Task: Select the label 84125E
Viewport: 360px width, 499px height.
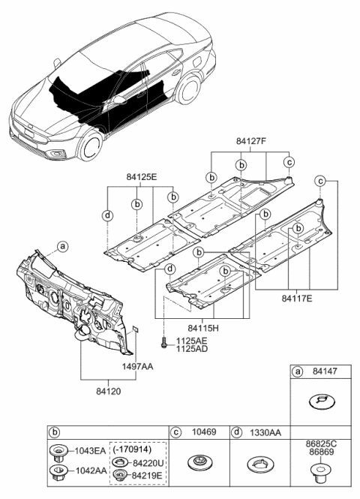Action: click(x=141, y=176)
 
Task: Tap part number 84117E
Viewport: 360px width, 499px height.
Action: click(x=297, y=299)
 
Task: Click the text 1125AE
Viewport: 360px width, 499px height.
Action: click(x=191, y=340)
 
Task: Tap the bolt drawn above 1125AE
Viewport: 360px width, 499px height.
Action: click(x=163, y=342)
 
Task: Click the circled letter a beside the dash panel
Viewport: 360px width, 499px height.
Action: click(x=64, y=245)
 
